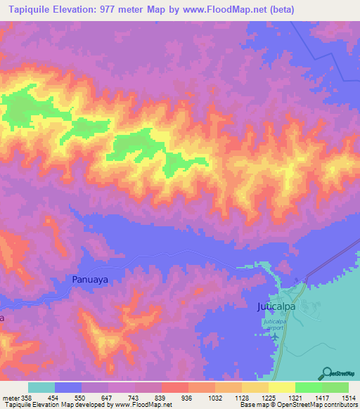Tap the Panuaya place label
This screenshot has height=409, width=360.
92,279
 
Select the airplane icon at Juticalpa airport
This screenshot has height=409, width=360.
274,335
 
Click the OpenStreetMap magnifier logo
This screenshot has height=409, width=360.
326,372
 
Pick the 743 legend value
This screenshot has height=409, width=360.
134,397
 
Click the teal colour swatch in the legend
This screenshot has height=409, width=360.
41,387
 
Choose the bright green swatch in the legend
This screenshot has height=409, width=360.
308,387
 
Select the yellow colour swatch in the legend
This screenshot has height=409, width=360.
281,387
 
